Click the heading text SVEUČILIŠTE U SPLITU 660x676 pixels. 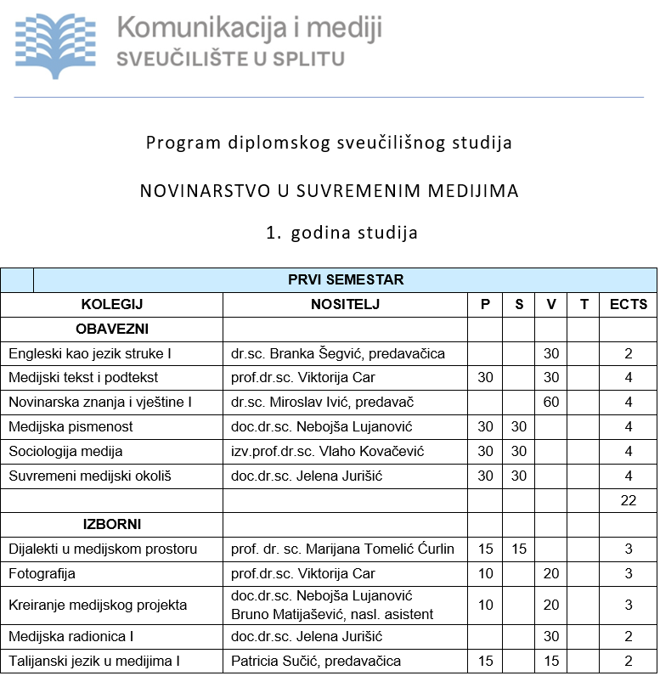[230, 59]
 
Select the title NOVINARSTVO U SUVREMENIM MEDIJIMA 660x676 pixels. [329, 190]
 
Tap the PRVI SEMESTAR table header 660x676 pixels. [345, 279]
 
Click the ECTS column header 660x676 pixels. [628, 304]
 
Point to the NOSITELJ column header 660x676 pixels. [345, 304]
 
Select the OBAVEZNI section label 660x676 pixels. [112, 329]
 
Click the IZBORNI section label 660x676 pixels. [112, 525]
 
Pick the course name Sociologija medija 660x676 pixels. [65, 451]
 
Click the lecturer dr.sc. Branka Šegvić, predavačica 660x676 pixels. [338, 353]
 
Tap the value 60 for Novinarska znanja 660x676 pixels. [551, 402]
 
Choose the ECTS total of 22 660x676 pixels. [628, 500]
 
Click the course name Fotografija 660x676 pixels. [42, 573]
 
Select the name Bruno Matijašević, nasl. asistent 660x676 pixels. [332, 614]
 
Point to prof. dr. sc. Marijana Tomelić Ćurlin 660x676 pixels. [342, 549]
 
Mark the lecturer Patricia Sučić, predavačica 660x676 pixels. [316, 661]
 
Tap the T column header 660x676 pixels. [584, 304]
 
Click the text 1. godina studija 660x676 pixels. [341, 232]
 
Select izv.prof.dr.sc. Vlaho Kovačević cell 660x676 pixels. [327, 451]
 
